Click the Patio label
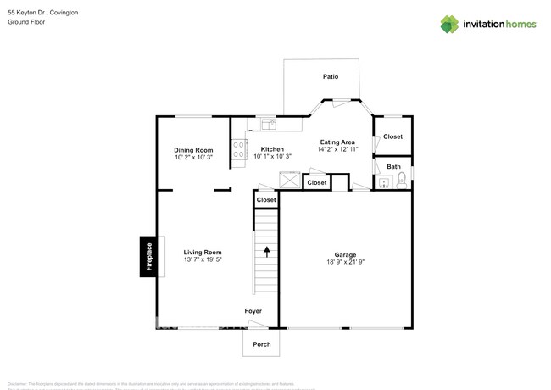coord(331,77)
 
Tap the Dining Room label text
coord(193,149)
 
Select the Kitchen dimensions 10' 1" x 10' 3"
coord(272,157)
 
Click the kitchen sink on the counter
coord(269,125)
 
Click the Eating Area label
coord(337,142)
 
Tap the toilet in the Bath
coord(402,178)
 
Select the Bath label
coord(393,166)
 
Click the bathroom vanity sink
coord(384,181)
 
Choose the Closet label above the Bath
coord(392,136)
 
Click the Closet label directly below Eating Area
coord(317,182)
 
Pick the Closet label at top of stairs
coord(266,200)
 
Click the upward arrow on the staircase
coord(267,251)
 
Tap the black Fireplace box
coord(147,255)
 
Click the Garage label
coord(345,254)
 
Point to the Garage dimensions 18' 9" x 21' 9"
coord(345,263)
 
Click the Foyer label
coord(253,311)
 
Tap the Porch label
coord(260,343)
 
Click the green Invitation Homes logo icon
coord(449,24)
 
